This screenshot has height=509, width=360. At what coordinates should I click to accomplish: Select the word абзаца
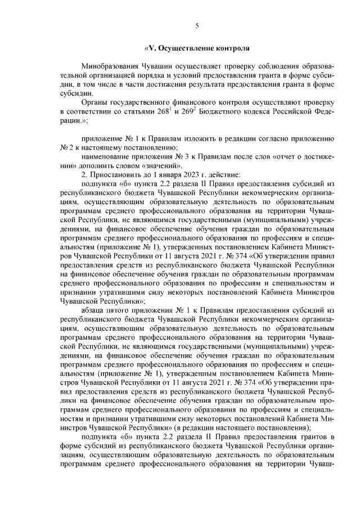click(93, 309)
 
